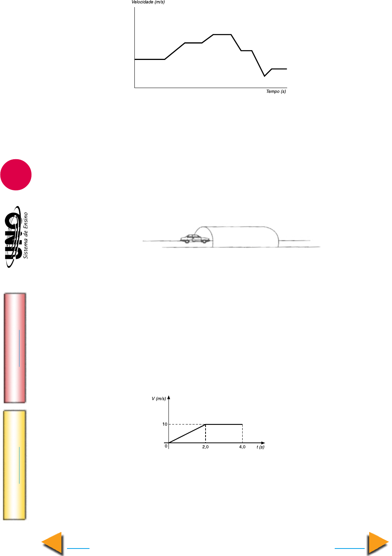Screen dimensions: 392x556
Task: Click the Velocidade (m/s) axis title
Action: (x=148, y=2)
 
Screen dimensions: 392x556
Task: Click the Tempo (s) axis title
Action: (x=276, y=91)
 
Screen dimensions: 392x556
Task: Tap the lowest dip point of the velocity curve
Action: (x=264, y=76)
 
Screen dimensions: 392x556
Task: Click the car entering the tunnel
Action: (x=195, y=239)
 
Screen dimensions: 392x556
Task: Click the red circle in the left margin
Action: (x=16, y=175)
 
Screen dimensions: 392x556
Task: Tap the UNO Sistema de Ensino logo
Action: (x=16, y=236)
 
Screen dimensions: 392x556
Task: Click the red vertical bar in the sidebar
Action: (x=15, y=348)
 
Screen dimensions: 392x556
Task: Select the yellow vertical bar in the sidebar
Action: (x=14, y=465)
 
